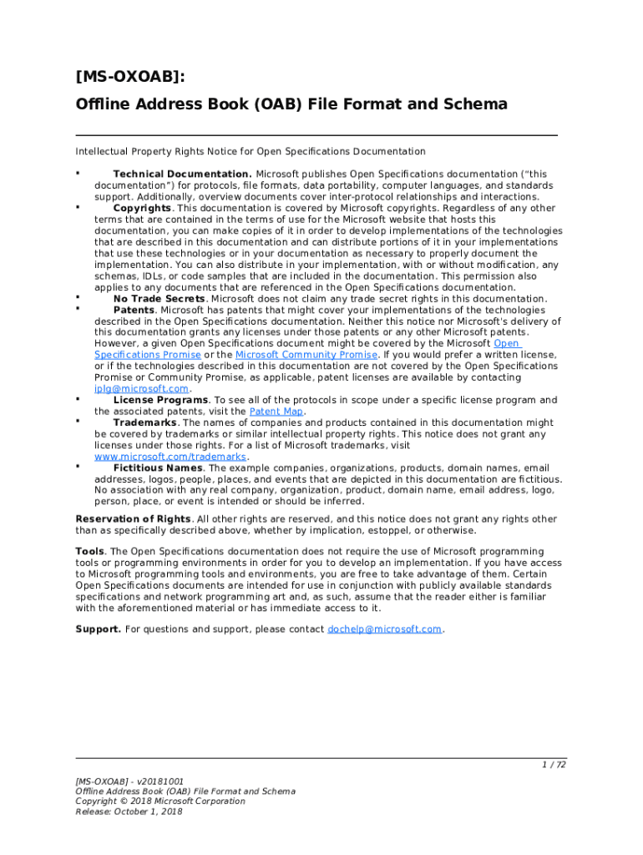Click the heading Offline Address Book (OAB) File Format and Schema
pos(291,104)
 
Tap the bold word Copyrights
pos(143,208)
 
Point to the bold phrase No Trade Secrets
pos(159,299)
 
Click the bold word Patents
pos(134,310)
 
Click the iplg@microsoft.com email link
pos(142,388)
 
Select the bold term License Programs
pos(160,400)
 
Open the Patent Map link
pos(276,412)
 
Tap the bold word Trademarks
pos(144,422)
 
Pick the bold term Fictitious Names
pos(158,468)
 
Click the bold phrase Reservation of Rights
pos(132,519)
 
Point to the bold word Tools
pos(90,552)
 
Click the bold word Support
pos(98,629)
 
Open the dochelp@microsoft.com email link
pos(384,629)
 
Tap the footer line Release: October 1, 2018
pos(129,812)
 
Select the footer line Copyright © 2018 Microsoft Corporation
pos(160,801)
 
